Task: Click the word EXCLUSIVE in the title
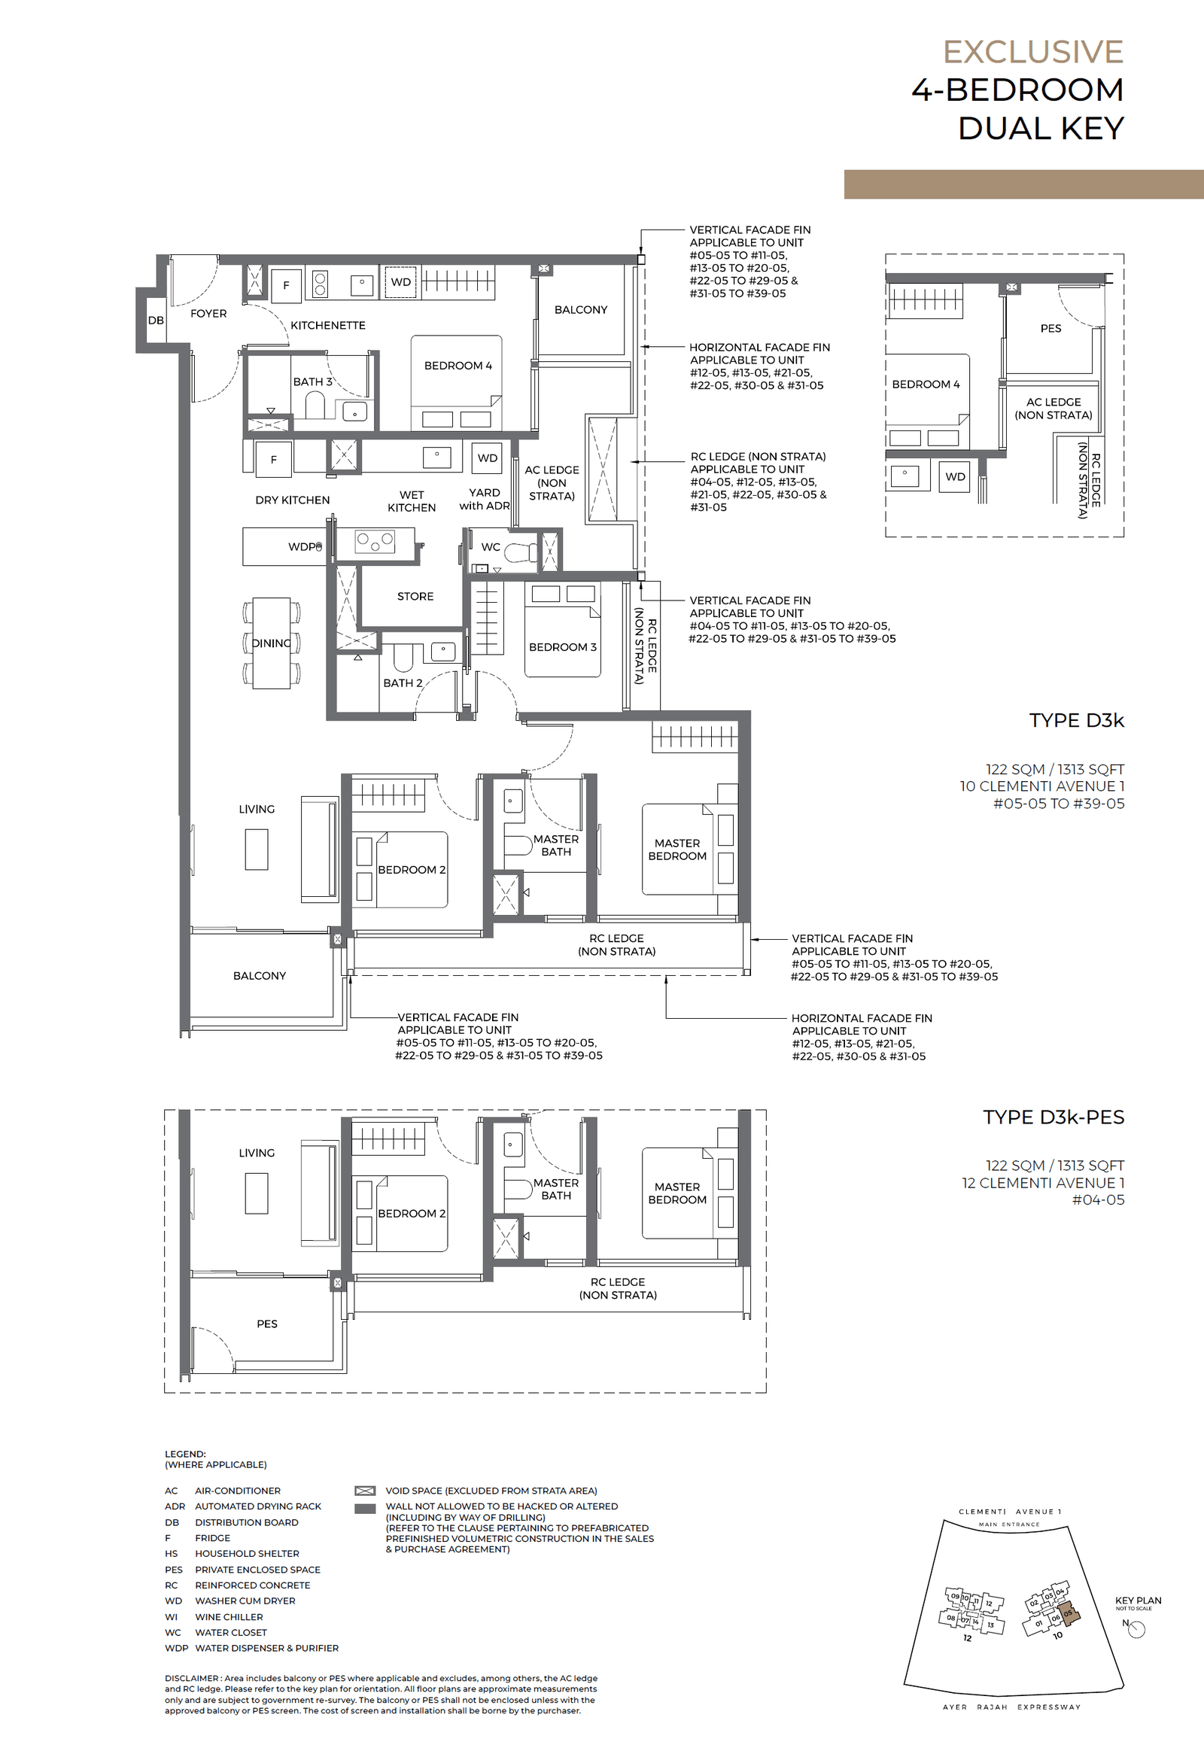(1032, 52)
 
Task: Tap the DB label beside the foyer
(156, 320)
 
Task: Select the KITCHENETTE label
(327, 325)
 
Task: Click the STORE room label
(415, 596)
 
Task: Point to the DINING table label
(271, 643)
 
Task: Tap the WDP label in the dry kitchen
(303, 546)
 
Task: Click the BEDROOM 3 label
(562, 647)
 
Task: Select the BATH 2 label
(403, 682)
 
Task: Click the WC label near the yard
(490, 546)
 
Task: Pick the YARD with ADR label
(484, 499)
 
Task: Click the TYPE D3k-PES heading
(1053, 1117)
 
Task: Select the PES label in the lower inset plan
(266, 1323)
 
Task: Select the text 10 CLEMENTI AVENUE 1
(1041, 786)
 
